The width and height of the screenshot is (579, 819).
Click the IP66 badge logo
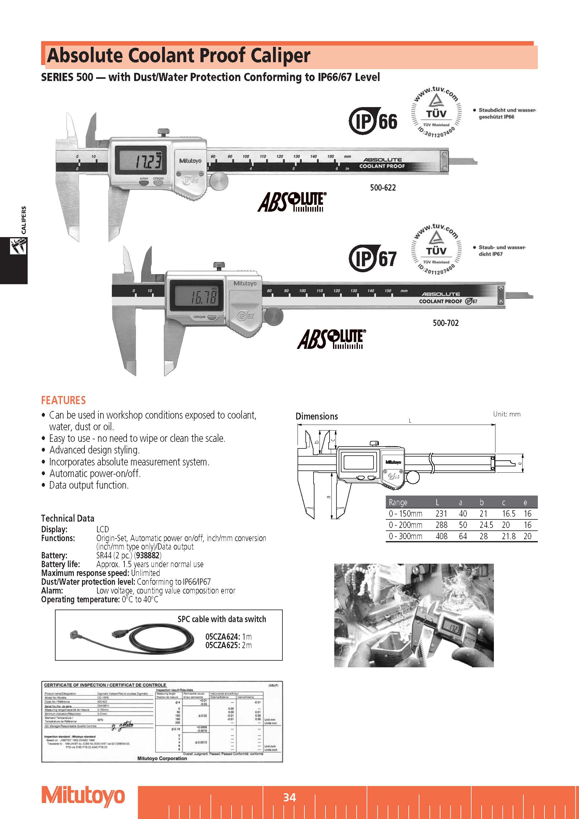(x=373, y=121)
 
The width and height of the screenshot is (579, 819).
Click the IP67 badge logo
(x=373, y=258)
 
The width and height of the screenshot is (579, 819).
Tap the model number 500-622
(x=383, y=187)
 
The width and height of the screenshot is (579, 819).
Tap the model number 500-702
(x=445, y=323)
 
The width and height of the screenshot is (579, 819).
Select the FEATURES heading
(x=63, y=400)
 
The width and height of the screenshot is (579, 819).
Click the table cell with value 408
(x=441, y=536)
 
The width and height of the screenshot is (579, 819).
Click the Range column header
(x=398, y=502)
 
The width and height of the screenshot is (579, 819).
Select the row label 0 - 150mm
(x=406, y=514)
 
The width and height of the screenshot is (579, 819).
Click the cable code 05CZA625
(x=222, y=645)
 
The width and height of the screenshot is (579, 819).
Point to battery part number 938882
(x=148, y=556)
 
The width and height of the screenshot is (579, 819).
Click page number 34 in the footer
(x=289, y=797)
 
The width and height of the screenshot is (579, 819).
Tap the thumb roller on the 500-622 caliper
(x=218, y=181)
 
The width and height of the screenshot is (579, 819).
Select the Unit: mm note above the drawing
(x=506, y=414)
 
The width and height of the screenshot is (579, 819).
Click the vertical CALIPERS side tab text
(x=24, y=220)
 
